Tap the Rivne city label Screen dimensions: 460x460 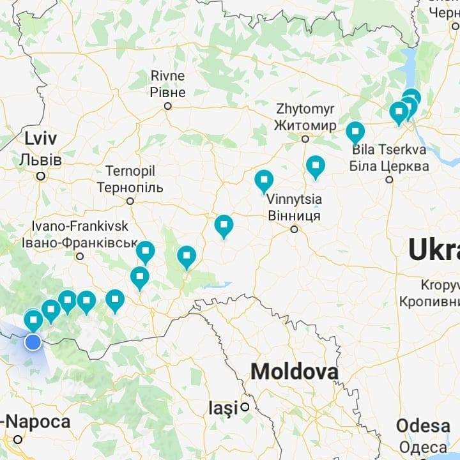168,84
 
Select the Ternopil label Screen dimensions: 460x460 130,180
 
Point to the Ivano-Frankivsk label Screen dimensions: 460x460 79,234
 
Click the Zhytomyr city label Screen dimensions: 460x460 305,116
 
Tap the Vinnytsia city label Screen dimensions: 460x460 294,208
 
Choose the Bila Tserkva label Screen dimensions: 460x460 390,158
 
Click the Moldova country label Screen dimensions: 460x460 294,372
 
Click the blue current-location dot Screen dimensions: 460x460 33,342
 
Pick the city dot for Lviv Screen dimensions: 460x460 41,176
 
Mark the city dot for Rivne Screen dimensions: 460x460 168,106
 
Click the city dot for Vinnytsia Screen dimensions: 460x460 295,229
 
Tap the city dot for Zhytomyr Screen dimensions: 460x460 305,139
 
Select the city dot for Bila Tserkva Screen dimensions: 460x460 389,180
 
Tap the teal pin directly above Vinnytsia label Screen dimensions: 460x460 264,181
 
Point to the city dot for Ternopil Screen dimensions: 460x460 130,201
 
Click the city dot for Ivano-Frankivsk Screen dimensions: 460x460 80,256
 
